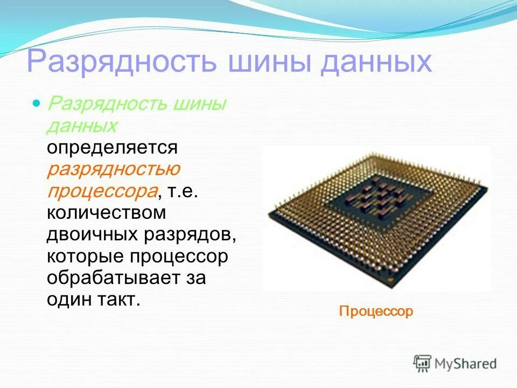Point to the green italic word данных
pos(82,125)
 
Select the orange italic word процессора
pos(102,191)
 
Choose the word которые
pos(84,257)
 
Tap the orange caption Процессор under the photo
pos(376,311)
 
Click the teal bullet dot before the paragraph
pos(37,102)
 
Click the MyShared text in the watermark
pos(465,363)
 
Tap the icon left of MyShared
pos(423,363)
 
